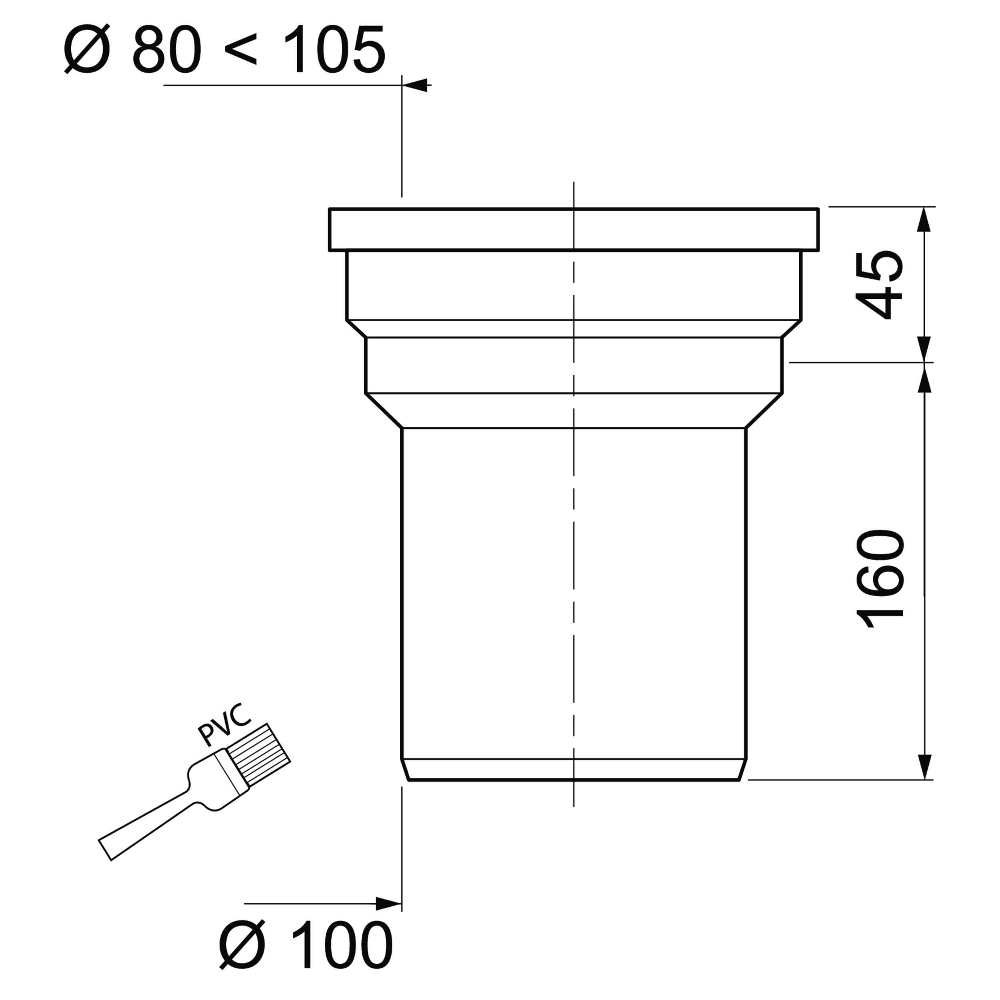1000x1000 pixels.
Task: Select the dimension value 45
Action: [x=879, y=285]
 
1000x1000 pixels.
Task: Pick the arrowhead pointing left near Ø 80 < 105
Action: [x=417, y=86]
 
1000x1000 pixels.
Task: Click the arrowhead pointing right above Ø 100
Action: [x=388, y=904]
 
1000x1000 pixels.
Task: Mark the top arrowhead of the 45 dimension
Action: [x=924, y=220]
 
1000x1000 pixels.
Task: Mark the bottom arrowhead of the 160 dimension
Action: [x=924, y=766]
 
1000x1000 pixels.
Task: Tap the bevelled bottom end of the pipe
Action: [x=574, y=769]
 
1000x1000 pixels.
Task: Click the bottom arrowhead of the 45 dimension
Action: [x=924, y=349]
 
